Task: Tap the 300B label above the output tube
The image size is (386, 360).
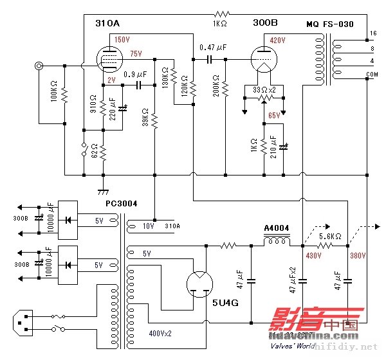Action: pos(265,22)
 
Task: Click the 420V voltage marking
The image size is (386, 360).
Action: pos(278,40)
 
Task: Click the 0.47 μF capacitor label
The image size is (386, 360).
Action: pos(213,47)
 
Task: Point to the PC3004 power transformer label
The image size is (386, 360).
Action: pos(121,204)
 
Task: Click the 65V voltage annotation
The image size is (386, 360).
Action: pos(275,115)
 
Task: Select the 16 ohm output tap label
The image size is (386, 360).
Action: pos(373,33)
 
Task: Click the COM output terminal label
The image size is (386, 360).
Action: pos(373,75)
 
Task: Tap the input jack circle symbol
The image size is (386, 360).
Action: pos(41,66)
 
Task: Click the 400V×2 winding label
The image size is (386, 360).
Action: pos(165,334)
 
